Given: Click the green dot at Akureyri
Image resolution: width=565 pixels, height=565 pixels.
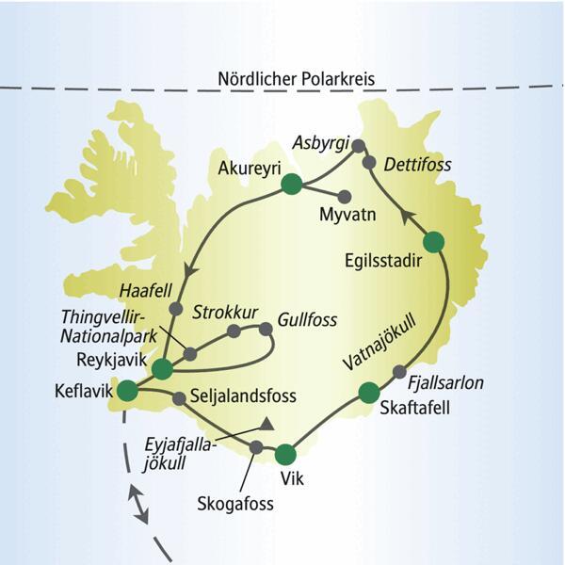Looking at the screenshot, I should pyautogui.click(x=291, y=186).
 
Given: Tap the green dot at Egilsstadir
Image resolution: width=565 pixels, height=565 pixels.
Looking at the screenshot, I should pyautogui.click(x=432, y=242).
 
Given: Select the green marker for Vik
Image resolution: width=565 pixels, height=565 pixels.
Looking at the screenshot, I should pyautogui.click(x=287, y=456).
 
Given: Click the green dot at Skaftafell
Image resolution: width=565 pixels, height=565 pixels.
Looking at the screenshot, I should pyautogui.click(x=368, y=393).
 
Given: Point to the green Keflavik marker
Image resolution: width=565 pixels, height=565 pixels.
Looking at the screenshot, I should pyautogui.click(x=126, y=389).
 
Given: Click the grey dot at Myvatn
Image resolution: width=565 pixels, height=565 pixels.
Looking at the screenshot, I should pyautogui.click(x=345, y=197).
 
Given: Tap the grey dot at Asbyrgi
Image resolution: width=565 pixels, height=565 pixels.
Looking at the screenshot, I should pyautogui.click(x=357, y=145).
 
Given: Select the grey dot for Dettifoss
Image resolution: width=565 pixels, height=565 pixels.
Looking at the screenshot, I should pyautogui.click(x=370, y=161).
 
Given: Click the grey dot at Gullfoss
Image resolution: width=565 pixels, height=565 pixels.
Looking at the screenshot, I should pyautogui.click(x=266, y=329).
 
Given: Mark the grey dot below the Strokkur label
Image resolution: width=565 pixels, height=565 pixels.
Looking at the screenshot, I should pyautogui.click(x=233, y=331).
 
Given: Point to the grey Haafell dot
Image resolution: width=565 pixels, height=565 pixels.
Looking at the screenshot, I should pyautogui.click(x=175, y=308).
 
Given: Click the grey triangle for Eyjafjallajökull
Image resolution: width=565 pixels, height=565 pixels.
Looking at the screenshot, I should pyautogui.click(x=267, y=424).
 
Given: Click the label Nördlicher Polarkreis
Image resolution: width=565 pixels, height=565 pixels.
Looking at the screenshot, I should pyautogui.click(x=294, y=78).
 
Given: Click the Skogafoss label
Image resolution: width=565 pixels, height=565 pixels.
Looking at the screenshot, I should pyautogui.click(x=234, y=503).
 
